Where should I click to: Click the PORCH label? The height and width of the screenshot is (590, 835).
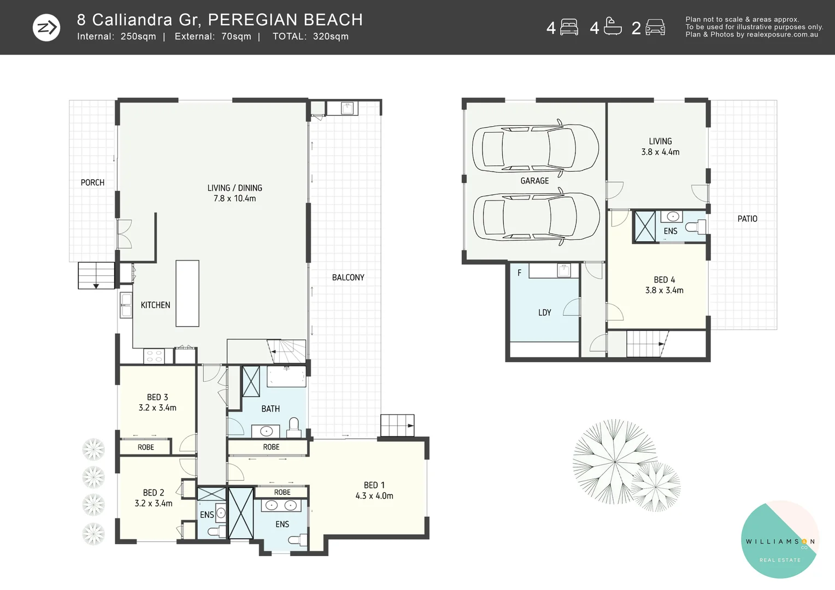click(x=92, y=182)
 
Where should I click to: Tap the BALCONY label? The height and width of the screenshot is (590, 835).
click(x=348, y=278)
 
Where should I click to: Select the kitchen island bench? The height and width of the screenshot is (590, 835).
click(x=187, y=293)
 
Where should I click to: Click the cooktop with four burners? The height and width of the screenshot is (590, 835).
click(x=154, y=356)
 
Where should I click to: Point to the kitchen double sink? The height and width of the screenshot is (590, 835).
click(x=126, y=305)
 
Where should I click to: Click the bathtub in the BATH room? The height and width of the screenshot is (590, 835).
click(x=286, y=376)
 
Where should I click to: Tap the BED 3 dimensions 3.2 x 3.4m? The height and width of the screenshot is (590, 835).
click(x=157, y=408)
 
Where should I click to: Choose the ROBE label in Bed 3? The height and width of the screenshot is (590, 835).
click(x=146, y=447)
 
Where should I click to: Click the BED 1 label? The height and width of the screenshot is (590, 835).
click(x=374, y=485)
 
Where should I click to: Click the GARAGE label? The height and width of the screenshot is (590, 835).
click(x=534, y=181)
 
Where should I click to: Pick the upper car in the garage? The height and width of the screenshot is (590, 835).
click(x=536, y=148)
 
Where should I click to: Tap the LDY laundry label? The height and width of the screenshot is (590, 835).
click(x=545, y=312)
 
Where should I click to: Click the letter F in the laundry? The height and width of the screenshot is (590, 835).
click(x=519, y=273)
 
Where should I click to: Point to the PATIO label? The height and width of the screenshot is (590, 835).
click(x=748, y=219)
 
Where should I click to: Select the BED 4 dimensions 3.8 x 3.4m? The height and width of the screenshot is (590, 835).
click(x=665, y=290)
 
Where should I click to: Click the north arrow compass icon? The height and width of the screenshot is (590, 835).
click(x=46, y=27)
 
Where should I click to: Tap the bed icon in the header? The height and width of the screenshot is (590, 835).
click(x=569, y=27)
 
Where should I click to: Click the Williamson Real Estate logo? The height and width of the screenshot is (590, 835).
click(x=780, y=539)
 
